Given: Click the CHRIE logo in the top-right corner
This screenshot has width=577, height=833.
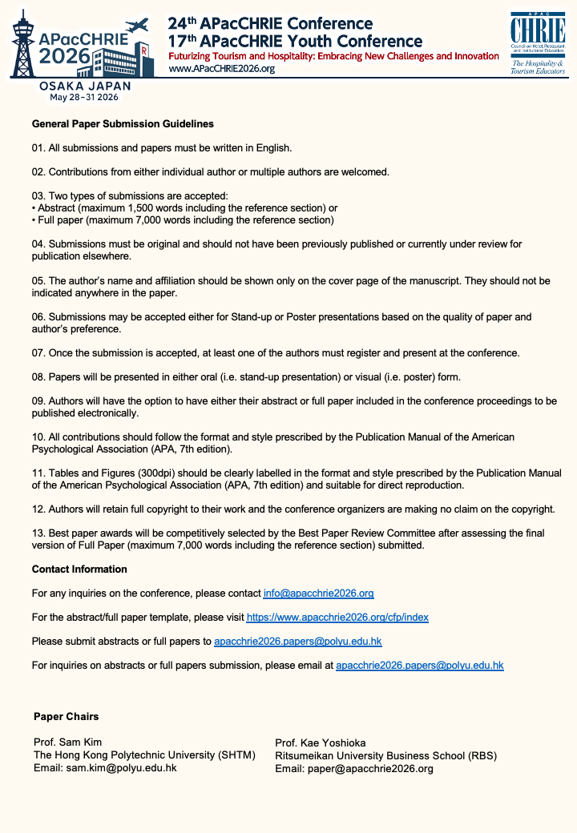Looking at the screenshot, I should point(538,43).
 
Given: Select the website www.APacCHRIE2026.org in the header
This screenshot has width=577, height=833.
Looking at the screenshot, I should point(222,69).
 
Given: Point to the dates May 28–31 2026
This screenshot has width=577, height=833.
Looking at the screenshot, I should point(83,97).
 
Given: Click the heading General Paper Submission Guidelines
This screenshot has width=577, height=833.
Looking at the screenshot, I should point(123,124).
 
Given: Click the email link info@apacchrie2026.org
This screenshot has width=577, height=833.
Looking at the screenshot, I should point(318,594).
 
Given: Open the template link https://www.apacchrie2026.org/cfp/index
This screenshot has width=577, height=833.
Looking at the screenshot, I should point(337,618).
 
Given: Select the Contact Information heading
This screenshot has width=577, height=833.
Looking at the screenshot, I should point(79,569).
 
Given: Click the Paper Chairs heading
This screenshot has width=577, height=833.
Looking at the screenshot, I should point(67,716).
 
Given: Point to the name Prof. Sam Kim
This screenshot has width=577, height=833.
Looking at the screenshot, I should point(68,742).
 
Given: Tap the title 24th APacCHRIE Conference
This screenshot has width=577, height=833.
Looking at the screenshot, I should point(270,23).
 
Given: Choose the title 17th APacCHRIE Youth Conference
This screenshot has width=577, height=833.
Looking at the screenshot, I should point(295,41).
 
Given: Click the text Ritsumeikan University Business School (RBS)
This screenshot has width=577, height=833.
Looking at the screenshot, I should point(385,755).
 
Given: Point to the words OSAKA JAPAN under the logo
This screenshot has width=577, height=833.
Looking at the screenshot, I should point(83,85).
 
